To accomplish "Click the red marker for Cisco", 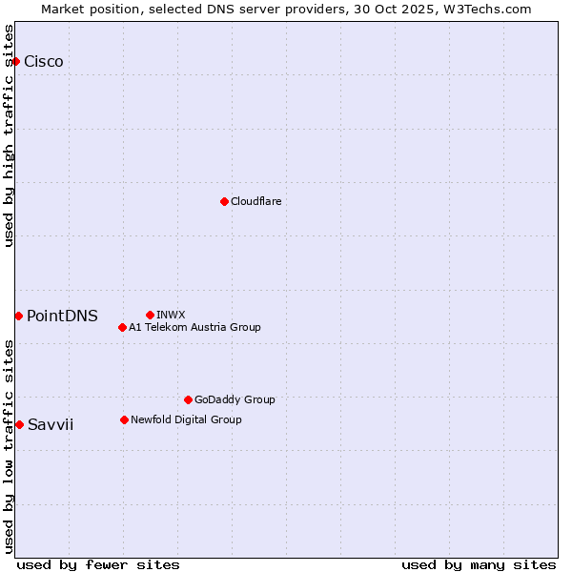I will tap(15, 62).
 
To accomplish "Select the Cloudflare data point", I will tap(224, 201).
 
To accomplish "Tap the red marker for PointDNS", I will tap(18, 316).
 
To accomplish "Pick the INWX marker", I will tap(150, 315).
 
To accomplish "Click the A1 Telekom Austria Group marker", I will tap(122, 327).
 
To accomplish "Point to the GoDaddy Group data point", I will tap(188, 399).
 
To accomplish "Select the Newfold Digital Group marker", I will tap(124, 419).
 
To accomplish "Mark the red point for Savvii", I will tap(19, 424).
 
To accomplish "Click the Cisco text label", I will tap(44, 62).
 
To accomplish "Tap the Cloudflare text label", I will tap(255, 201).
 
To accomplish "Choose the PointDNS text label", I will tap(62, 317).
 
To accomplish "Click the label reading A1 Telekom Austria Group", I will tap(194, 327).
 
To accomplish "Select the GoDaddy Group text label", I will tap(235, 399).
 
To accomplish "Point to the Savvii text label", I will tap(51, 425).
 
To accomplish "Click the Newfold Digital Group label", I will tap(186, 419).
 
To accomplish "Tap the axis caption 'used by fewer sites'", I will tap(98, 564).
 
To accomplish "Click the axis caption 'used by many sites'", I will tap(479, 564).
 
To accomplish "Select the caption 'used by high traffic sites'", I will tap(10, 135).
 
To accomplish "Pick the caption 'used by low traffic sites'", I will tap(10, 446).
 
